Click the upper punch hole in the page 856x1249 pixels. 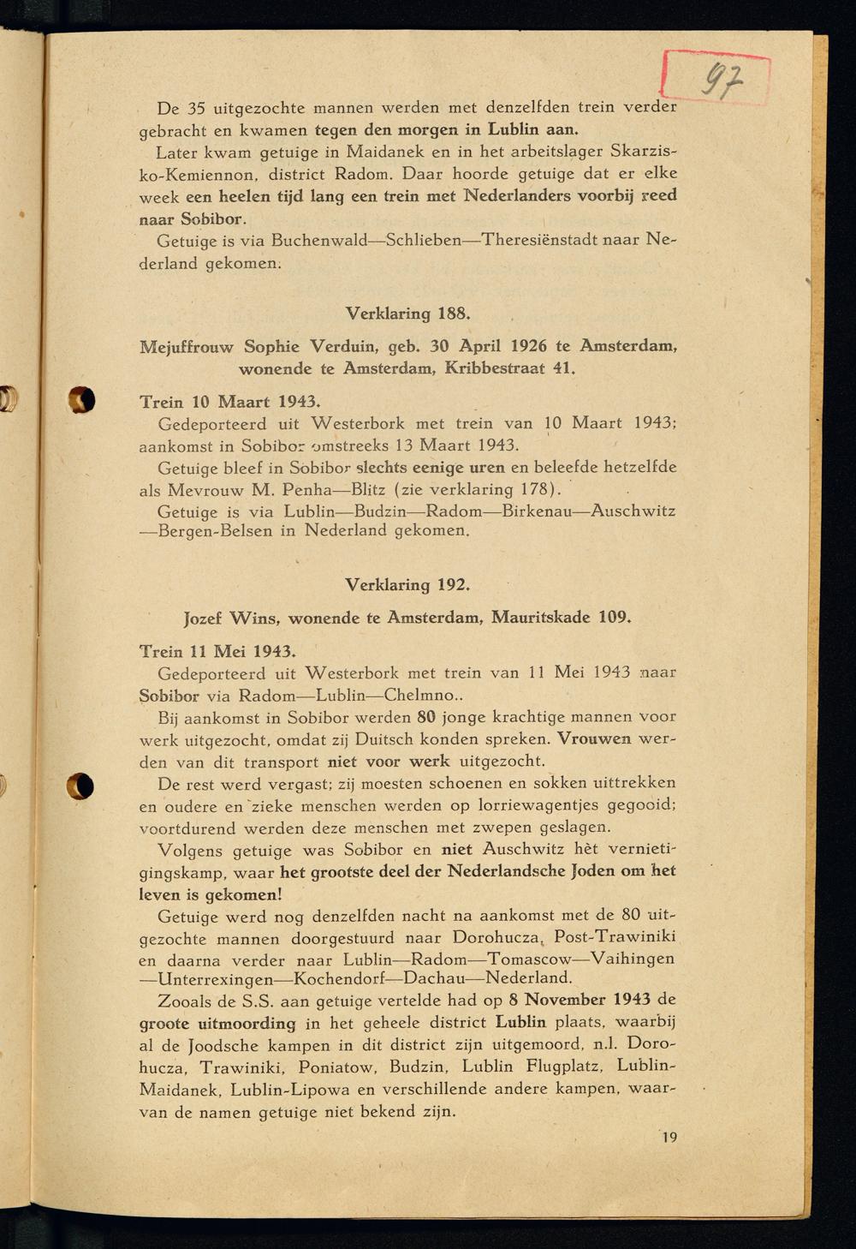[x=81, y=399]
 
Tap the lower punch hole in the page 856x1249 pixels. [x=80, y=786]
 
